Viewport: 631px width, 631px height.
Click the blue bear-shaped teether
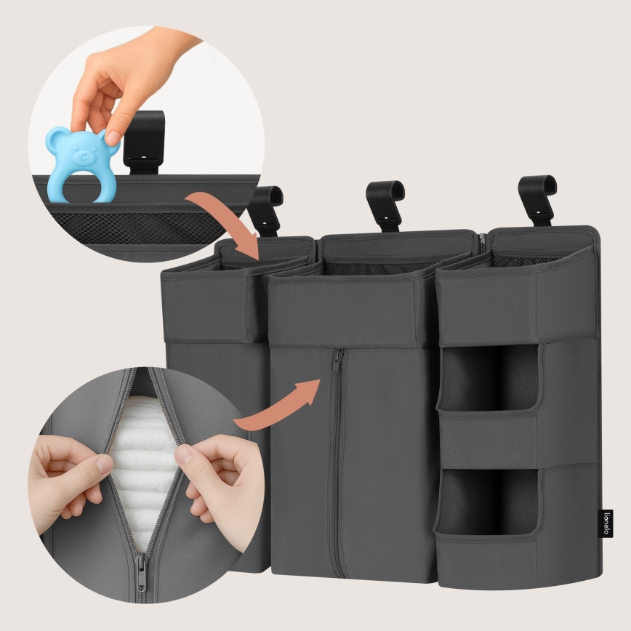[x=81, y=163]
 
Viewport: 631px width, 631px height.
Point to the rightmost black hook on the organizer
[x=537, y=196]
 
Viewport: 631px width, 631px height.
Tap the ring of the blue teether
[x=81, y=185]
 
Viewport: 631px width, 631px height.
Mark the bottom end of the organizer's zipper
[x=334, y=574]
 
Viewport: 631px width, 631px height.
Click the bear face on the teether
[x=81, y=149]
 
